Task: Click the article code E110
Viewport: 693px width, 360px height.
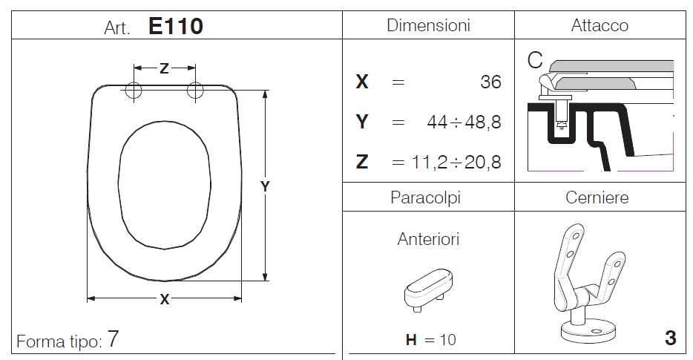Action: tap(175, 26)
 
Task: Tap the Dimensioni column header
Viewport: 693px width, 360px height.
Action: tap(428, 25)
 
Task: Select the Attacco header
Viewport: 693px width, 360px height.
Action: tap(600, 25)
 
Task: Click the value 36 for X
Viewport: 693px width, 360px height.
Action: tap(490, 82)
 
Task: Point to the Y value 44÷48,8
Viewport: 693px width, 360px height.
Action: tap(464, 122)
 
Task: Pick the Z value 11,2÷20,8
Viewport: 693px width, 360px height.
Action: tap(456, 163)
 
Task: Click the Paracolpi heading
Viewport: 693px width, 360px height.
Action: tap(426, 197)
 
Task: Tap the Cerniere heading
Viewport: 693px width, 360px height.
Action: tap(597, 197)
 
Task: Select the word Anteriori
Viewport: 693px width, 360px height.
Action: tap(428, 239)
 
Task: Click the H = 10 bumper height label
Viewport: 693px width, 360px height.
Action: tap(431, 340)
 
